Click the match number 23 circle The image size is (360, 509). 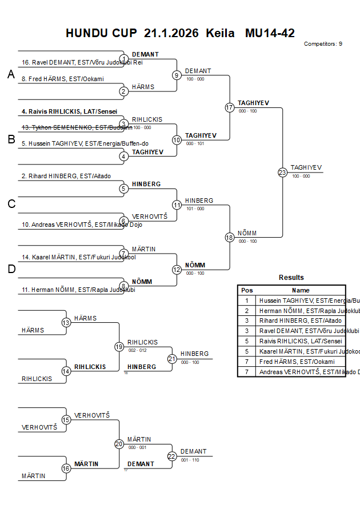282,173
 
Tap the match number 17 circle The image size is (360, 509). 230,107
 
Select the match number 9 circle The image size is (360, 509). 177,75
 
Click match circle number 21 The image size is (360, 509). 172,359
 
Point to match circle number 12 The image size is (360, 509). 177,269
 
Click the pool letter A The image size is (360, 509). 11,74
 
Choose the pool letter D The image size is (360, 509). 11,269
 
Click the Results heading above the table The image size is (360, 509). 291,278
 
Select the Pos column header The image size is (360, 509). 247,290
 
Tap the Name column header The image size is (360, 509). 301,290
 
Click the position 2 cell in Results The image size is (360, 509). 247,311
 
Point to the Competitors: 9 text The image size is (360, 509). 323,43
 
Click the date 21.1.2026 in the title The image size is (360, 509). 171,33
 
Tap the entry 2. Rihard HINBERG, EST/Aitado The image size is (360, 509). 66,177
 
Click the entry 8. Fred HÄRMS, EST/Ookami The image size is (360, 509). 63,79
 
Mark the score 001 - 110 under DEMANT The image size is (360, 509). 189,459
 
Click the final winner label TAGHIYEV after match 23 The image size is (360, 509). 306,167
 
